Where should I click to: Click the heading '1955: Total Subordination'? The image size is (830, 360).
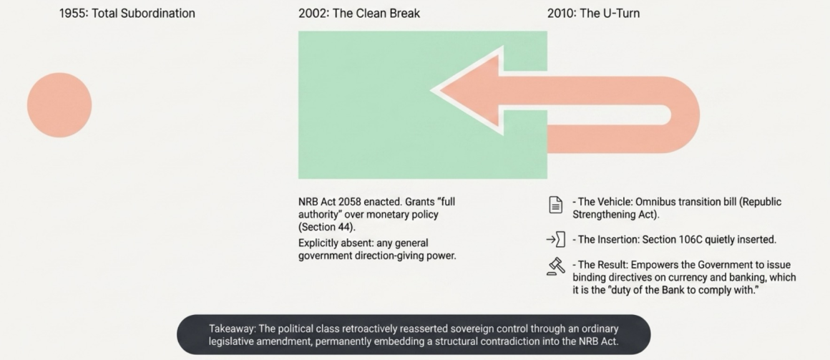point(127,13)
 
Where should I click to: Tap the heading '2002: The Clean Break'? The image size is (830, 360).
point(359,13)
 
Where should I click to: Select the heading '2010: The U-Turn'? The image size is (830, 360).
point(593,13)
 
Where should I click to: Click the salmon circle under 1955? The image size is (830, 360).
point(59,104)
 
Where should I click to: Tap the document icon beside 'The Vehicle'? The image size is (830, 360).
point(555,205)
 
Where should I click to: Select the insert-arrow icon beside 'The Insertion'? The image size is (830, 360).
point(555,240)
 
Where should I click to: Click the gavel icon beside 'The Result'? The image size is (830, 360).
point(555,266)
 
